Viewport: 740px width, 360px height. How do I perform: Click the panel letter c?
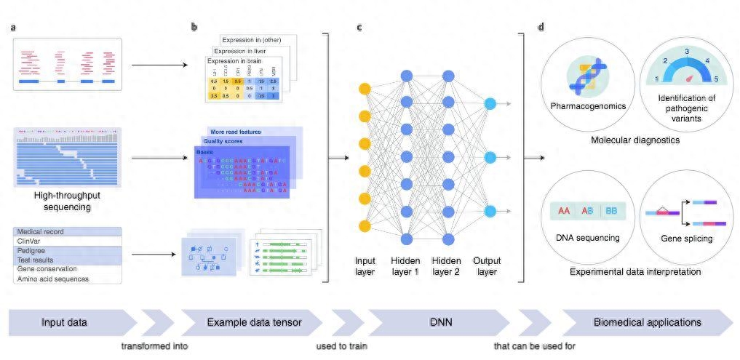359,28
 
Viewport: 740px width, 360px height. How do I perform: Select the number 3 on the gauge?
686,52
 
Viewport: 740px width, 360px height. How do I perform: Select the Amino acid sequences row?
52,279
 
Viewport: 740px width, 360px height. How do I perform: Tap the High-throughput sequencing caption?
66,201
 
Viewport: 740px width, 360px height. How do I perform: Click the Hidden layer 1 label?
405,266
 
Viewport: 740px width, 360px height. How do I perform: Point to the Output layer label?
486,266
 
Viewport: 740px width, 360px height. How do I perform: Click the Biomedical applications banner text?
648,321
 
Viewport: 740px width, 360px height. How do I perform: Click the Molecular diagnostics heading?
635,140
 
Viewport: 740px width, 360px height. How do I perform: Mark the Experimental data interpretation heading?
635,272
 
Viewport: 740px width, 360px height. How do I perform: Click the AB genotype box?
587,212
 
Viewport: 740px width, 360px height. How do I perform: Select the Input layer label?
365,266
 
